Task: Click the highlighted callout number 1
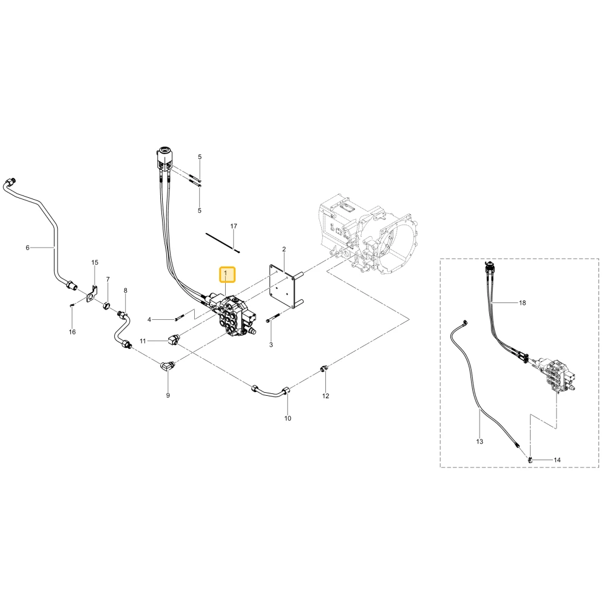coord(225,274)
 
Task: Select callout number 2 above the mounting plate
coord(283,249)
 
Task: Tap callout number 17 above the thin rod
coord(234,226)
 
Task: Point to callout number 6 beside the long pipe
coord(27,248)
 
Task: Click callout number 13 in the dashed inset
coord(480,441)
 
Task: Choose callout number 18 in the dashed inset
coord(522,303)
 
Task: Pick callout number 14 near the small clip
coord(557,460)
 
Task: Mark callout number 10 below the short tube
coord(288,418)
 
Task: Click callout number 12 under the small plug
coord(325,396)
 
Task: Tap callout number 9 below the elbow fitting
coord(168,395)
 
